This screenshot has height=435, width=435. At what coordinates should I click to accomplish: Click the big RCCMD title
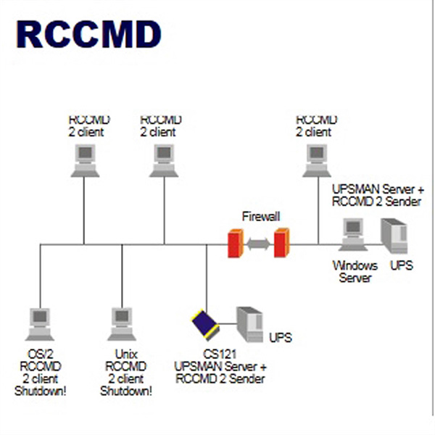tap(88, 34)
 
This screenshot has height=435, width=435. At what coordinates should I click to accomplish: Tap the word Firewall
tap(261, 216)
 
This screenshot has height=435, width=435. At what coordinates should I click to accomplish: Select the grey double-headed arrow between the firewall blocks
tap(257, 244)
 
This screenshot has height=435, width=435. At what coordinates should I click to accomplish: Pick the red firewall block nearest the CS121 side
tap(233, 244)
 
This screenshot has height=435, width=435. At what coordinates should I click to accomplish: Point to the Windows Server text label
tap(355, 271)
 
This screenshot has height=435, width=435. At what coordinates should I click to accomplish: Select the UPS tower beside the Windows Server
tap(394, 236)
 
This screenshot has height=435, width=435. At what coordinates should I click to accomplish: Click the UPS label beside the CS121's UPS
tap(281, 338)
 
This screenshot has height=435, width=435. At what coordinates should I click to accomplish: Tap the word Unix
tap(122, 355)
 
